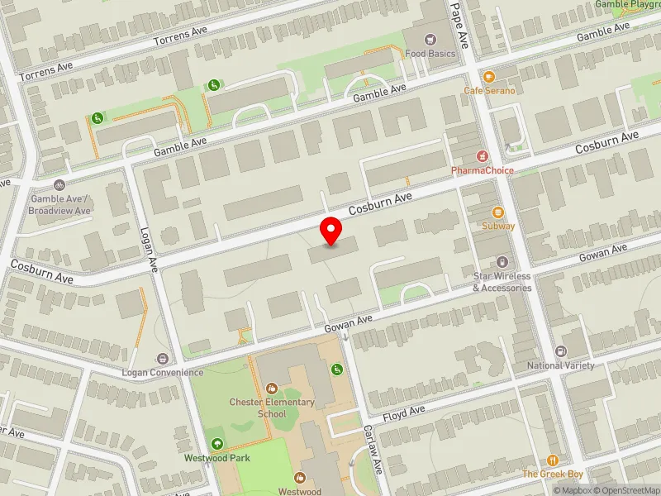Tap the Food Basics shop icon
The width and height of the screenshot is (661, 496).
(x=429, y=39)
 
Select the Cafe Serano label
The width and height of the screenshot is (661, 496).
(x=489, y=90)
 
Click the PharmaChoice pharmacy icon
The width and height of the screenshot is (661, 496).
(x=483, y=155)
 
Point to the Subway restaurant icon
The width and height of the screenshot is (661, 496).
(x=497, y=212)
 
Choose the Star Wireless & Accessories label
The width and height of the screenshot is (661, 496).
(x=502, y=282)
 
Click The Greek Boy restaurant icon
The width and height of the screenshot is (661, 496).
(x=553, y=460)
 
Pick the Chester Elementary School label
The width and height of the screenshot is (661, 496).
(x=272, y=408)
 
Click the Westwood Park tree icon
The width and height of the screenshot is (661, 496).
(x=217, y=443)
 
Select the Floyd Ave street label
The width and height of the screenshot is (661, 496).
(x=403, y=411)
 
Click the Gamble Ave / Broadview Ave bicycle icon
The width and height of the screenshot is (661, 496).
(x=58, y=186)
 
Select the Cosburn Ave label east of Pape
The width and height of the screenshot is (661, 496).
(x=607, y=141)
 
